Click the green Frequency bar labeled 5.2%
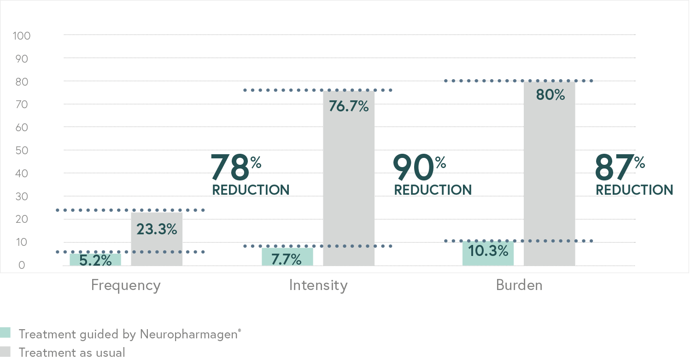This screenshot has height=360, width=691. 95,260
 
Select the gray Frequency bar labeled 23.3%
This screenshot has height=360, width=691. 157,239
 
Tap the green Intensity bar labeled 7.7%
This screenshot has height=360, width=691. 287,257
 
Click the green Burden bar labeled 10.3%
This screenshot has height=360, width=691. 488,254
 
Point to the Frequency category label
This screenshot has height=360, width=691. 126,285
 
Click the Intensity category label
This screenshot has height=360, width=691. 318,285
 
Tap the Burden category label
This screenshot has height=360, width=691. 519,285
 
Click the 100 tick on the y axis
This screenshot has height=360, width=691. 22,35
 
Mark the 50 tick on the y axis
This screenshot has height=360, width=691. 22,151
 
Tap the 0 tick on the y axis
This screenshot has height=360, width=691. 22,266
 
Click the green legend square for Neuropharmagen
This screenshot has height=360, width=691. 5,333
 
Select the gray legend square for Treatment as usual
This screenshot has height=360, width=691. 5,352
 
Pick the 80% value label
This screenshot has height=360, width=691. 550,95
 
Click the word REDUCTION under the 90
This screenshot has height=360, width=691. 433,190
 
